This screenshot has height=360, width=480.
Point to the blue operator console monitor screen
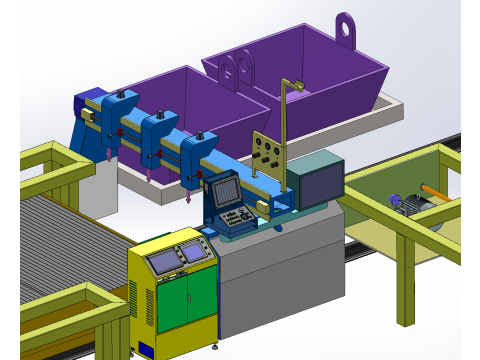coord(223,189)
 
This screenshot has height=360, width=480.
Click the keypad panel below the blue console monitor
coord(237,219)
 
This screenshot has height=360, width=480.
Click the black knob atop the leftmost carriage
coord(120,94)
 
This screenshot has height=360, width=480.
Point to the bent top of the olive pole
coord(292,84)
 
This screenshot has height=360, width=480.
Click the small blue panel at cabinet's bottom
coord(146,349)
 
